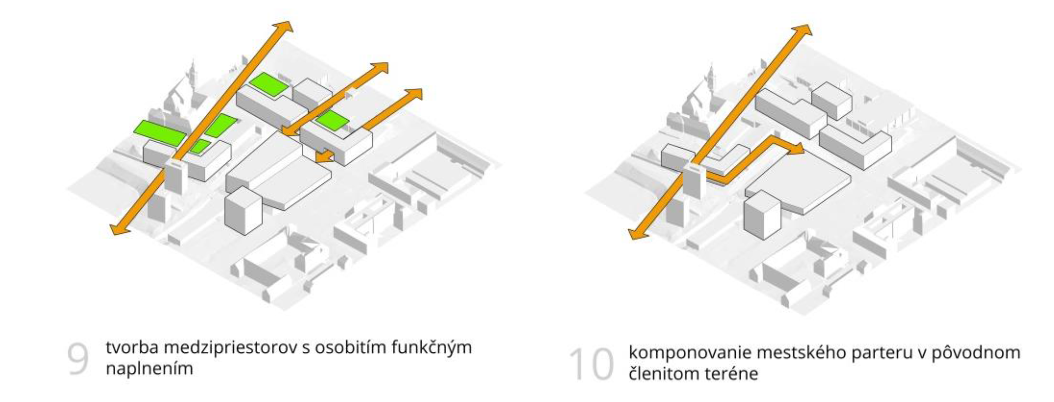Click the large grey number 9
[78, 359]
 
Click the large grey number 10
[591, 364]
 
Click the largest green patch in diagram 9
[160, 132]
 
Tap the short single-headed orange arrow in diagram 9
[325, 156]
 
